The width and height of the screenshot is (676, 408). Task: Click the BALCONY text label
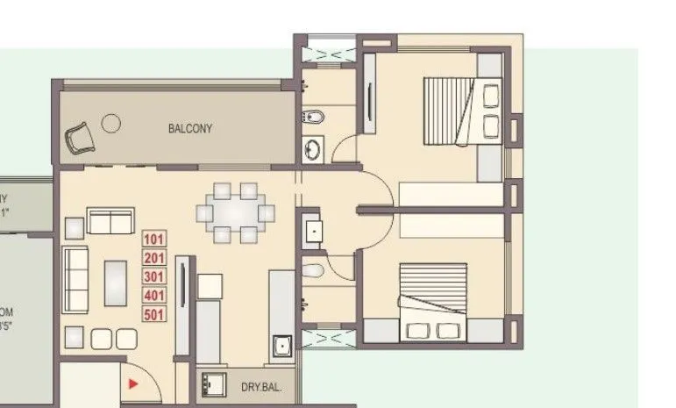190,128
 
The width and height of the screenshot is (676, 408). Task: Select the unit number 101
154,239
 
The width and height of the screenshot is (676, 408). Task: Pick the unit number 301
154,276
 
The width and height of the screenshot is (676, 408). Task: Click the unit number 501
154,314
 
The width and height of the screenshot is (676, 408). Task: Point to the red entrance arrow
132,383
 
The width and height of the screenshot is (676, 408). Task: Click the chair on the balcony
79,136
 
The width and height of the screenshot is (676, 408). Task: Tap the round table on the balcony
110,123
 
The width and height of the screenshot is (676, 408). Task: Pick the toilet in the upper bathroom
313,116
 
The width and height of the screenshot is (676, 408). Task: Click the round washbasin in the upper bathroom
312,149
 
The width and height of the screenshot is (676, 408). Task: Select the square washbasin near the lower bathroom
313,231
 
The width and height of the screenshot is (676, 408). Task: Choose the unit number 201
154,258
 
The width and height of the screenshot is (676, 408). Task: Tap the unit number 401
154,296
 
